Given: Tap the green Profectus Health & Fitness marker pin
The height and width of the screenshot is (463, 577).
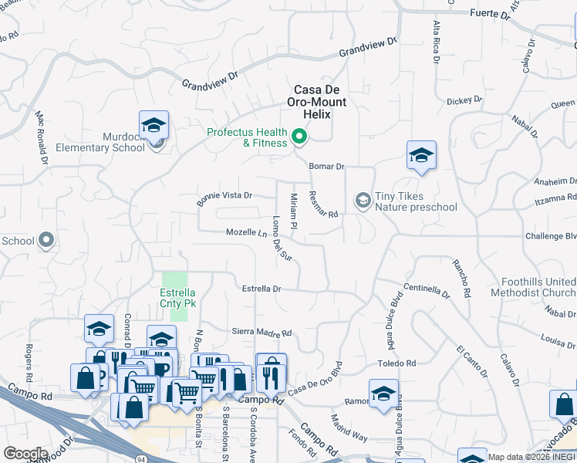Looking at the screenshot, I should pos(299,138).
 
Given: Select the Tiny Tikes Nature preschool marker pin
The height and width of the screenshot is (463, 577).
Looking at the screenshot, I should pos(363,201).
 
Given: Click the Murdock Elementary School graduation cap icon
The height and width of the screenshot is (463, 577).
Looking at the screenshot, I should pos(154,125).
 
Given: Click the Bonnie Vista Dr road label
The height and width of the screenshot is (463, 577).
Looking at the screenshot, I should pos(224,195).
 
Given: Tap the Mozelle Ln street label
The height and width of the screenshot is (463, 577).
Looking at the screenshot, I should pos(245,232).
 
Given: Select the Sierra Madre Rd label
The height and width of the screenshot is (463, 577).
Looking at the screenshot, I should pos(262,333).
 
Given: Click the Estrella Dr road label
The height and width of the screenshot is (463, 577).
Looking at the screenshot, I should pos(262,289).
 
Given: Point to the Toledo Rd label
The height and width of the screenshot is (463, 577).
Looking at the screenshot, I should pos(396,363).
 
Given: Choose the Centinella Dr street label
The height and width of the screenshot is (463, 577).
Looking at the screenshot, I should pos(426,290).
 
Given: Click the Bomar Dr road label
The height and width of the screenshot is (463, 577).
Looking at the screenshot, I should pos(326,166).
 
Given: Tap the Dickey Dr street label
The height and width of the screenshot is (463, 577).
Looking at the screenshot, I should pos(464,100).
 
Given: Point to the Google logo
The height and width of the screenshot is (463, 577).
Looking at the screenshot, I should pos(25,453).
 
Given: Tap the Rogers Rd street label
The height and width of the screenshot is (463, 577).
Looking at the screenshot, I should pos(29,362).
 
